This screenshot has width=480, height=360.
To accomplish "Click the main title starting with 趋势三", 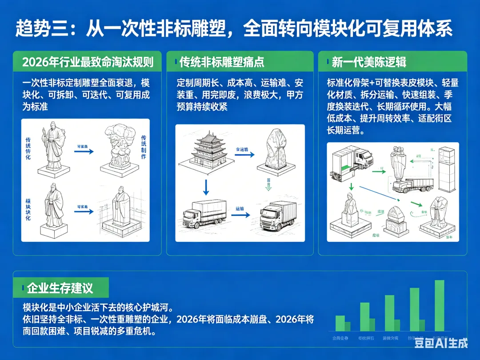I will (x=234, y=29).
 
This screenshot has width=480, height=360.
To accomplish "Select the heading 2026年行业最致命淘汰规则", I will (x=88, y=62).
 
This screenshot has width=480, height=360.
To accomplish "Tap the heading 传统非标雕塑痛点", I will (x=222, y=62).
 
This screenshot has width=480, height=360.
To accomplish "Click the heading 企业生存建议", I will (x=60, y=288).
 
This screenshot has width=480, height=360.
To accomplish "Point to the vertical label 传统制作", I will (x=143, y=147).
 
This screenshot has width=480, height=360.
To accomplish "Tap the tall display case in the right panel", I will (x=447, y=168).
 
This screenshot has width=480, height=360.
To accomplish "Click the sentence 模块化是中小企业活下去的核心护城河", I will (x=97, y=308).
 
